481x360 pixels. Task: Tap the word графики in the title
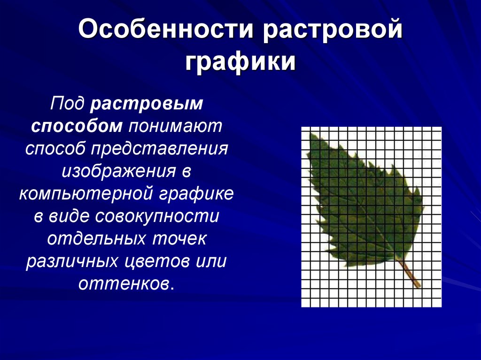pos(240,63)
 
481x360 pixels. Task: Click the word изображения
pos(118,171)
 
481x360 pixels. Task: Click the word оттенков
pos(124,284)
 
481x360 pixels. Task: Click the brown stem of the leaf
pos(410,274)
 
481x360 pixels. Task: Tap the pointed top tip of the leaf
pos(312,134)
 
